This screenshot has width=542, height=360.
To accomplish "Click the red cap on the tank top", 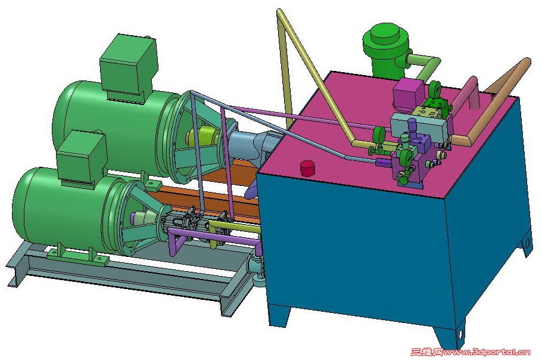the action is pyautogui.click(x=307, y=168).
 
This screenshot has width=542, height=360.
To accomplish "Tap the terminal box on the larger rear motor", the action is pyautogui.click(x=129, y=67).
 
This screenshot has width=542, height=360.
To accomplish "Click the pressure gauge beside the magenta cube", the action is pyautogui.click(x=434, y=88).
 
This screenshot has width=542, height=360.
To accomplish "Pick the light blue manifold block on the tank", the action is pyautogui.click(x=420, y=126).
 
